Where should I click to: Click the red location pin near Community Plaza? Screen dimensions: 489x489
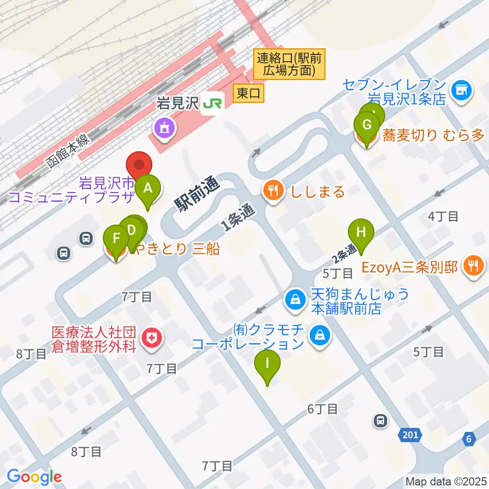[139, 165]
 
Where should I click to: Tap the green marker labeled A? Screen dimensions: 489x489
[148, 189]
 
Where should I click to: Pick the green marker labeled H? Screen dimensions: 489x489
[361, 232]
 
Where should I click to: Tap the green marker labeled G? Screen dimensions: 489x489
[366, 125]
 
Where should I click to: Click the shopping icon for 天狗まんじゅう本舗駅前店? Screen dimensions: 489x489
[295, 300]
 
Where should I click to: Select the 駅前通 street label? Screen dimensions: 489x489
[196, 193]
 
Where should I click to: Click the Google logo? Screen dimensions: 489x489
[34, 477]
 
